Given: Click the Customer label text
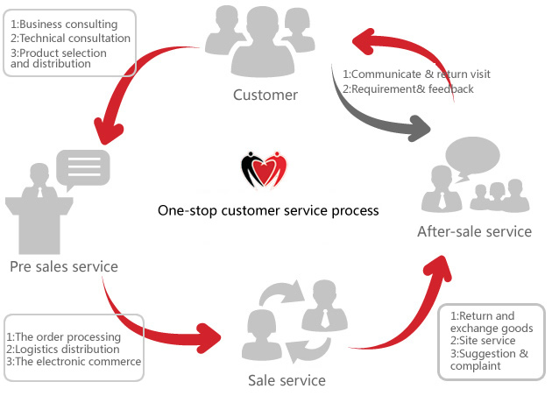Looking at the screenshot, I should (x=265, y=95).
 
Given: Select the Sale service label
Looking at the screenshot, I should (x=287, y=380).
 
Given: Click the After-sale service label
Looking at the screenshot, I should (x=474, y=231).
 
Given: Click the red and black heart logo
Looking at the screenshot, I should (x=265, y=169).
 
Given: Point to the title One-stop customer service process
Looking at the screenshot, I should (x=268, y=210).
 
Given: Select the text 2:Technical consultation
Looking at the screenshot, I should (x=70, y=39).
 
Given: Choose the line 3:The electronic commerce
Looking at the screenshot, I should (x=73, y=361).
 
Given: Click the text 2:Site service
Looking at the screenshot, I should (x=481, y=340).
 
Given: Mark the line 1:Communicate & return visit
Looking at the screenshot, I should (x=416, y=74).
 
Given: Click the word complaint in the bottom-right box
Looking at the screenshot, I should (x=475, y=366).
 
